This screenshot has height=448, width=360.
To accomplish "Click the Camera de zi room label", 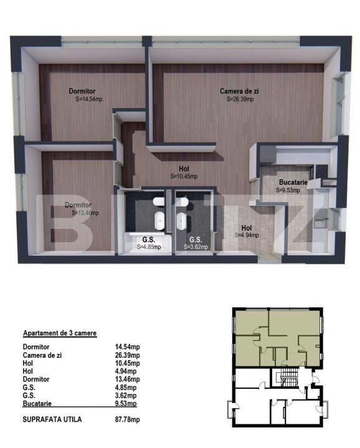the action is [239, 91].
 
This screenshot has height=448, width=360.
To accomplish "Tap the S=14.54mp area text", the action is [89, 99].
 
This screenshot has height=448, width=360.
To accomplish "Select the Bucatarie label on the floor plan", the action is [293, 182].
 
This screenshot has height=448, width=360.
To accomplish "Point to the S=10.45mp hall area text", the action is [184, 176].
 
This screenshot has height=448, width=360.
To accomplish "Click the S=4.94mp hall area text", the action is [247, 235].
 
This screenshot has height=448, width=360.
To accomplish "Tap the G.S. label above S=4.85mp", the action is [148, 240].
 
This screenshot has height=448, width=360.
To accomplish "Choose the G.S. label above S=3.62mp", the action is [196, 240].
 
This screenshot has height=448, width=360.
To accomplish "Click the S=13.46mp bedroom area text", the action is [85, 213].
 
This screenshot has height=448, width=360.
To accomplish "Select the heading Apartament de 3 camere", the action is [60, 333].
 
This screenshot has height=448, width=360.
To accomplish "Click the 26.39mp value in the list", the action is [127, 355].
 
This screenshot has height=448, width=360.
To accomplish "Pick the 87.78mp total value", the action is [127, 419].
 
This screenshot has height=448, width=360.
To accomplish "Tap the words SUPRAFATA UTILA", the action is [52, 419].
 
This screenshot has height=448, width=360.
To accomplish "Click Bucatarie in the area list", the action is [37, 403].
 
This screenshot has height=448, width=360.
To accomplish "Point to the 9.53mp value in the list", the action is [126, 403].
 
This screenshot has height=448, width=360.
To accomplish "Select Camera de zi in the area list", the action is [42, 355].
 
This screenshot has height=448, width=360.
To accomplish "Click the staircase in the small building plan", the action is [288, 377].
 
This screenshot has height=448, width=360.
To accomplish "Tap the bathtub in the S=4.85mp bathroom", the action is [159, 222].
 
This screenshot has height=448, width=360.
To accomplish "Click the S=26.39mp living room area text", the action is [240, 99].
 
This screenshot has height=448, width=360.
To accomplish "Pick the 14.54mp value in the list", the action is [127, 347].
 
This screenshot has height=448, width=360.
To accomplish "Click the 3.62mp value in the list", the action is [126, 396].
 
